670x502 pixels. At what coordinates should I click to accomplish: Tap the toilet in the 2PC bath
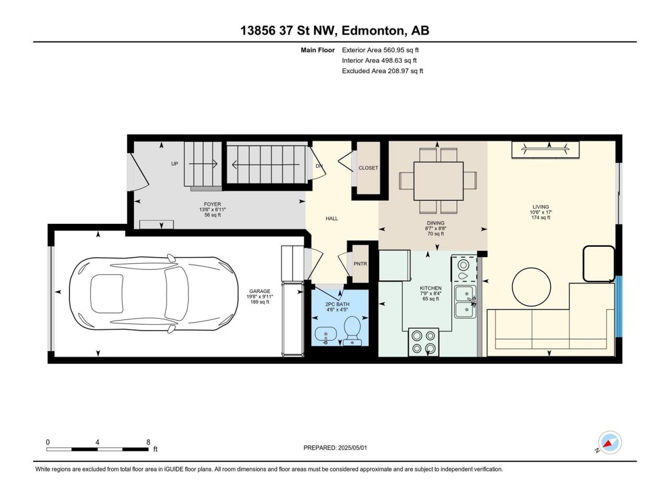click(352, 330)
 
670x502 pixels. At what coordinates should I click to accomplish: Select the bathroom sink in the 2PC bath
click(326, 335)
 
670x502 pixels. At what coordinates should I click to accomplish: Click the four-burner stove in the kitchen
click(423, 342)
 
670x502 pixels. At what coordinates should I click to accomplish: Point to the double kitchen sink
click(465, 301)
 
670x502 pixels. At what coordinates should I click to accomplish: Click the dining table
click(438, 181)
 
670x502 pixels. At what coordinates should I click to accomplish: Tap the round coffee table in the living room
click(531, 287)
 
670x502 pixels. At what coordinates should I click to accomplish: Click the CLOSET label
click(368, 168)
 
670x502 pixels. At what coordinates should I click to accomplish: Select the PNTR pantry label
click(360, 264)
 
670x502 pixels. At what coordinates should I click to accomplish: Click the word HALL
click(331, 218)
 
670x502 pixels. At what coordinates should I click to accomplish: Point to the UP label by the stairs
click(174, 164)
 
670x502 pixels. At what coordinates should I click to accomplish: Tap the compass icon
click(610, 442)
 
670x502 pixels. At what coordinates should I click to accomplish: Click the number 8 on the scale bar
click(148, 442)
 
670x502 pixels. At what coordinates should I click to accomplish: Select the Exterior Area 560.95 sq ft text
click(381, 50)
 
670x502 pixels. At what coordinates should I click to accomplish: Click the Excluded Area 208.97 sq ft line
click(383, 71)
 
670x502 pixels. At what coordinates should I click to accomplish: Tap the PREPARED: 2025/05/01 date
click(335, 448)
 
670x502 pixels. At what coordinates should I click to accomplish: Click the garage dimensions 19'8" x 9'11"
click(260, 296)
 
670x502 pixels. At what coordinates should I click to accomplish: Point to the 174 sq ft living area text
click(541, 218)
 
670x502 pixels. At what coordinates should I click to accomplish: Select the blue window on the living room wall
click(619, 306)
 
